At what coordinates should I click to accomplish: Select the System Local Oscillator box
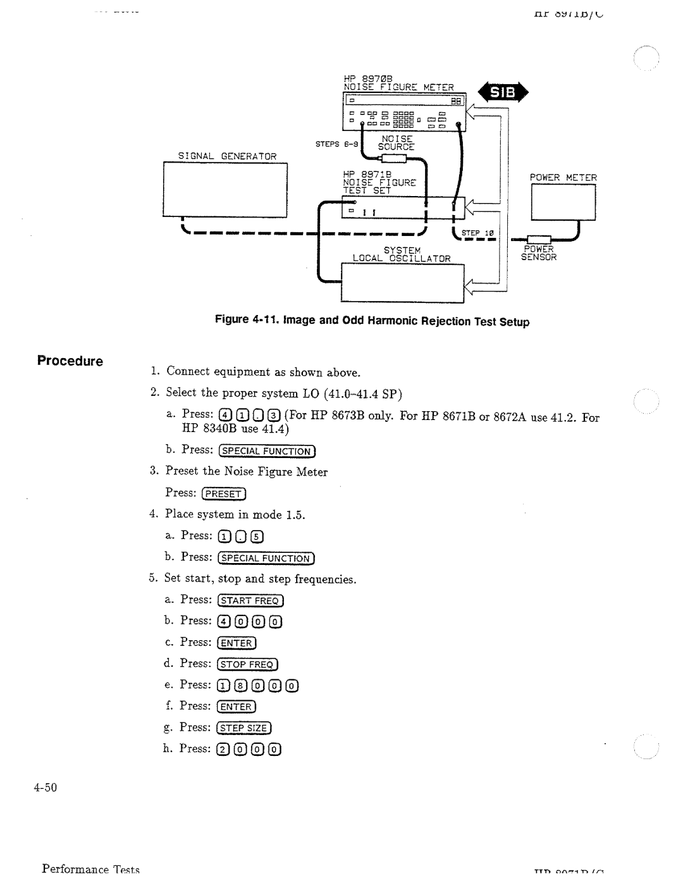pos(403,282)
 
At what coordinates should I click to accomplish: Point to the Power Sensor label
pos(539,253)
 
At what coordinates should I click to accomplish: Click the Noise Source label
pos(396,142)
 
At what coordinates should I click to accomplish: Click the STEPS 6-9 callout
pos(338,144)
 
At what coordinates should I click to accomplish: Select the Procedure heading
pos(70,361)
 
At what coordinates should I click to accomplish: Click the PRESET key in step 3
pos(223,494)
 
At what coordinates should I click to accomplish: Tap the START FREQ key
pos(250,600)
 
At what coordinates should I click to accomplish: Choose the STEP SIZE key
pos(243,728)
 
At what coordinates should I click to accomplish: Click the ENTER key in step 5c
pos(237,643)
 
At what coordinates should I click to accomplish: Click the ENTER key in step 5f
pos(237,707)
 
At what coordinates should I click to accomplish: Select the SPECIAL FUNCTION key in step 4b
pos(266,558)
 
